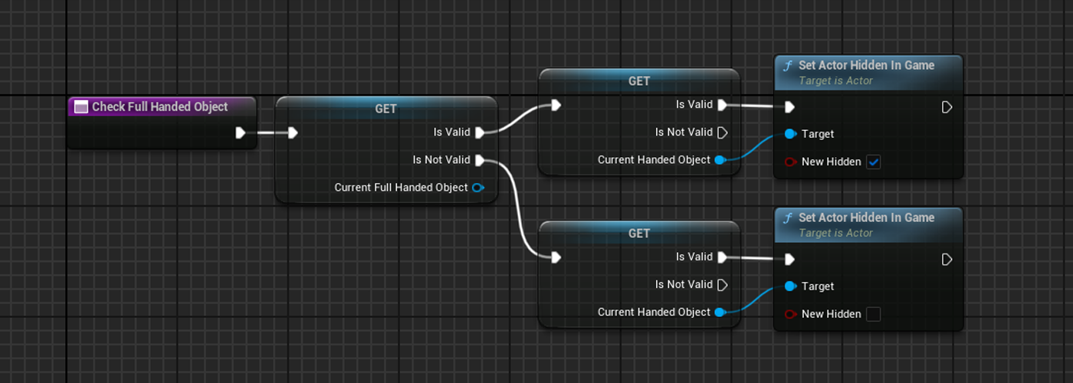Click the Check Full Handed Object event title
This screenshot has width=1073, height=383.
(x=159, y=106)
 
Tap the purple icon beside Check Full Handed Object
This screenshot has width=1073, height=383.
(x=80, y=107)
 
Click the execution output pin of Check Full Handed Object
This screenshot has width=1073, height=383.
(x=241, y=133)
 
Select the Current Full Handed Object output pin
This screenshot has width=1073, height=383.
(x=478, y=188)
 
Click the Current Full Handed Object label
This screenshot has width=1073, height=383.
(x=401, y=188)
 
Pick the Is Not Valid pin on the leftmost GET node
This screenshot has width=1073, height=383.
(x=480, y=160)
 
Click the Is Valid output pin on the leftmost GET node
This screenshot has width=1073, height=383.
(x=480, y=133)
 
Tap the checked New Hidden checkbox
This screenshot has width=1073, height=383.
(x=873, y=162)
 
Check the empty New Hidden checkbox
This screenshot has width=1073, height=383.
(x=873, y=314)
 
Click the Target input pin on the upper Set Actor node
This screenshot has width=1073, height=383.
(x=791, y=134)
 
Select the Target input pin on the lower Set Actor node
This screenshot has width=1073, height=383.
(x=791, y=286)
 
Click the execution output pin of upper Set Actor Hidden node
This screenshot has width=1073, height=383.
(x=947, y=107)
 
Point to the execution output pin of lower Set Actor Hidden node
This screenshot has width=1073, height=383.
(x=947, y=260)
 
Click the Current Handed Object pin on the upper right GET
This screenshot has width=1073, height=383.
(x=720, y=160)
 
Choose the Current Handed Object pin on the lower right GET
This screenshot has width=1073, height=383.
(x=720, y=313)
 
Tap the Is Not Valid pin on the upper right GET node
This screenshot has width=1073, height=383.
(x=722, y=133)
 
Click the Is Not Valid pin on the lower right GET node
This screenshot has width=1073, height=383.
(x=722, y=285)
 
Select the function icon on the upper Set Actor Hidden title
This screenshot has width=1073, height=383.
(x=787, y=66)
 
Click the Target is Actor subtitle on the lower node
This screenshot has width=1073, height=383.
(x=835, y=233)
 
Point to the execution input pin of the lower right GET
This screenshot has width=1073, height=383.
(x=556, y=257)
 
